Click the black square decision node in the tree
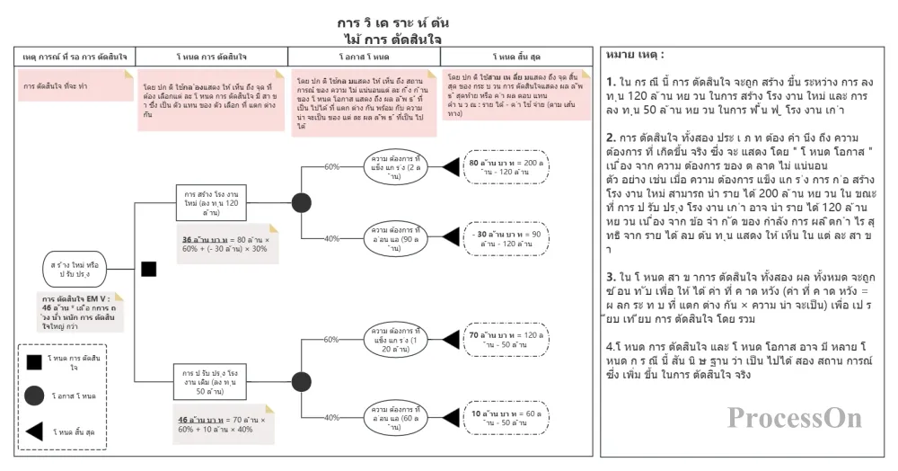pos(149,269)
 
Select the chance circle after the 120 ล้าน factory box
pos(301,202)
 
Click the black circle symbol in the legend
pos(34,395)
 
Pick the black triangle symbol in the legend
pos(34,432)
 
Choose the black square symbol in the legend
pos(33,362)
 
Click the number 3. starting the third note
pos(611,276)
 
